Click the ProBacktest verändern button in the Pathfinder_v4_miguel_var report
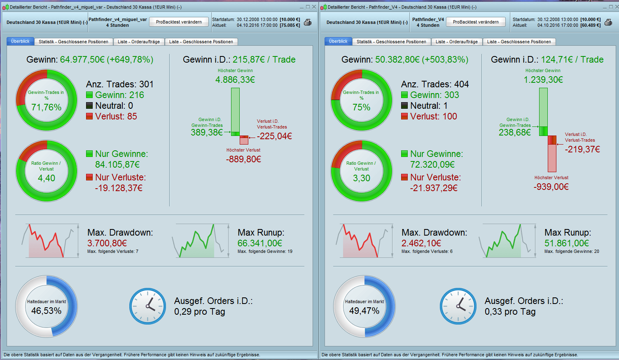coord(179,22)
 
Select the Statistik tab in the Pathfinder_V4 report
coord(391,42)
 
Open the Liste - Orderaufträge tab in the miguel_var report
coord(138,42)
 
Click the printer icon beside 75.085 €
coord(308,22)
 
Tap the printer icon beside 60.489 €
coord(608,22)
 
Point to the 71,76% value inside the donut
coord(47,108)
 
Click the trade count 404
coord(462,84)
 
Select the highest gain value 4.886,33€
coord(235,80)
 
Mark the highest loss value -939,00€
coord(551,187)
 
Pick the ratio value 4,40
coord(47,178)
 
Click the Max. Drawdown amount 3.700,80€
coord(107,243)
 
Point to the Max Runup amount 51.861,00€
coord(567,243)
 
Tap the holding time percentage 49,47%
coord(364,311)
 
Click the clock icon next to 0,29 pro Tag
coord(147,306)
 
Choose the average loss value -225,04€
coord(274,136)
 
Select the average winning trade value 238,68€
coord(515,133)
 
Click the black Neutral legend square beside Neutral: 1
coord(404,106)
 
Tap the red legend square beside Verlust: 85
coord(89,117)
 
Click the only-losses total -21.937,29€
coord(434,188)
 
